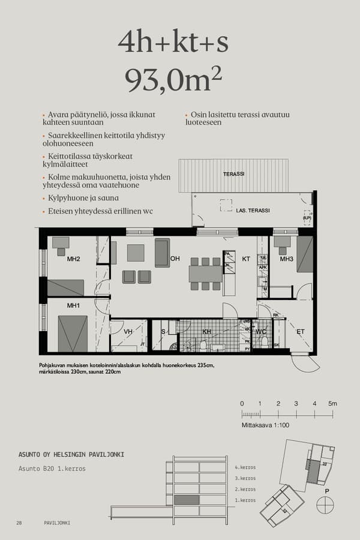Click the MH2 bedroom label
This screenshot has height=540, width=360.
[x=73, y=259]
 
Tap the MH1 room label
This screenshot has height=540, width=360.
[x=73, y=306]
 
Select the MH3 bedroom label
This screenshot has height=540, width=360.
[x=286, y=259]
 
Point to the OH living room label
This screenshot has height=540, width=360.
[x=175, y=259]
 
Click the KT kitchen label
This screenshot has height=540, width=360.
[x=246, y=259]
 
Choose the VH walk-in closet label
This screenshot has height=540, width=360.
[x=128, y=331]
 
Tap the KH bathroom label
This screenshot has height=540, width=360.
[x=206, y=331]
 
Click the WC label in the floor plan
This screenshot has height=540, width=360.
[x=260, y=331]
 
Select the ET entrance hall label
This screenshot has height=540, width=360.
[x=300, y=331]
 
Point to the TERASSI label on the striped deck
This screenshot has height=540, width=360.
[x=233, y=174]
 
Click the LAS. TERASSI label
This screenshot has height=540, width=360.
[x=253, y=211]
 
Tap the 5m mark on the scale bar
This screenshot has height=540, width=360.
[x=332, y=403]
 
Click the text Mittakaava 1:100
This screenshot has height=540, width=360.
[x=265, y=425]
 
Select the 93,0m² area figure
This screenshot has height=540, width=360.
[x=173, y=80]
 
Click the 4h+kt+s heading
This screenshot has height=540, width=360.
[x=173, y=42]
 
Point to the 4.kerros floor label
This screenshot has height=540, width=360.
[x=245, y=467]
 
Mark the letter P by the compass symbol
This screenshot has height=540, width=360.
[x=326, y=491]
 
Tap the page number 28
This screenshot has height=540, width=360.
[x=19, y=523]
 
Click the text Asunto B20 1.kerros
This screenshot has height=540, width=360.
[x=52, y=469]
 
